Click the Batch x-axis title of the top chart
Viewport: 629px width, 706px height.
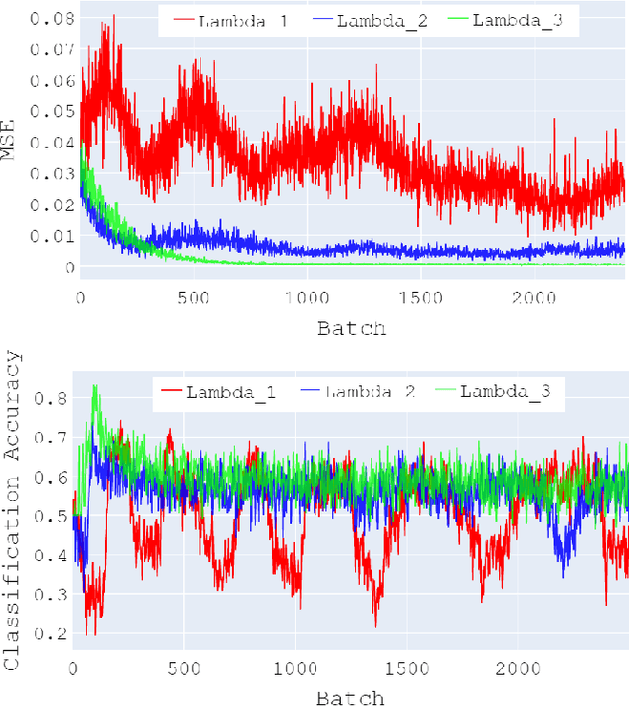[x=352, y=327]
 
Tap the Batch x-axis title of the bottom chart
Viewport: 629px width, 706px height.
[x=351, y=696]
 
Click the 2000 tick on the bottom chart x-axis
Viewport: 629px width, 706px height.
[x=514, y=668]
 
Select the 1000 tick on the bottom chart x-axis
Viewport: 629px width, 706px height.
[x=294, y=668]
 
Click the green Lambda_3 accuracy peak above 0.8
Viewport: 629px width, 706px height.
[x=95, y=387]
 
